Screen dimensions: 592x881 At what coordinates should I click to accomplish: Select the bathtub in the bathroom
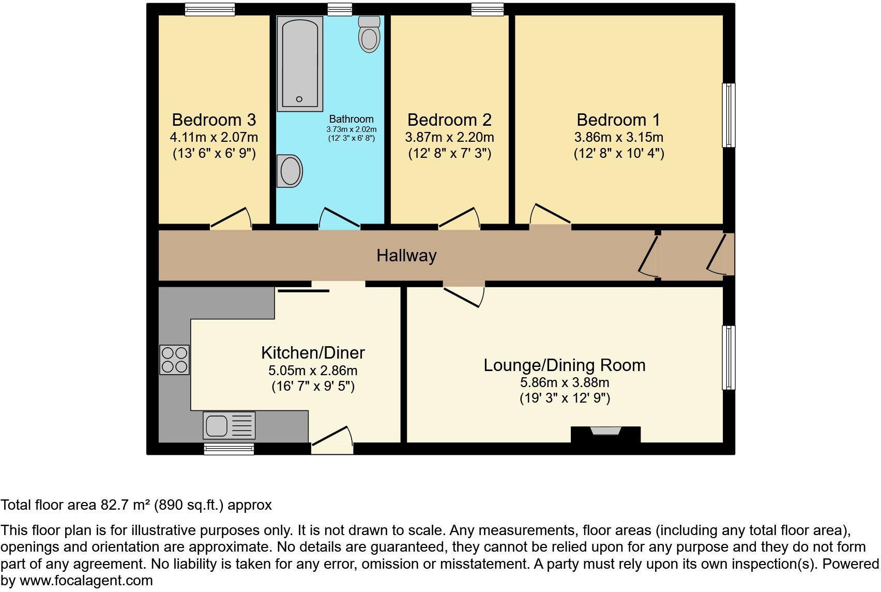[299, 63]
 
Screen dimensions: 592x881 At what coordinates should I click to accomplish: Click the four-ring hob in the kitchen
[174, 360]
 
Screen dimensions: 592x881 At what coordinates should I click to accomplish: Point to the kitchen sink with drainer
[229, 425]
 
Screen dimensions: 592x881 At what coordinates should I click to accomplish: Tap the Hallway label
[406, 256]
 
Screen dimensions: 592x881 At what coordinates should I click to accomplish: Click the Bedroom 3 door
[231, 219]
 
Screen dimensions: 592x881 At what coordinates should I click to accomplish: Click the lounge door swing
[464, 296]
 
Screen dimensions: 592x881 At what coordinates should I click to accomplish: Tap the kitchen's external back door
[332, 440]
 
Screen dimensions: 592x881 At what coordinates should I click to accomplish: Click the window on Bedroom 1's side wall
[728, 115]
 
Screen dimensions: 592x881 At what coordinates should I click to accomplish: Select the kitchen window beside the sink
[229, 449]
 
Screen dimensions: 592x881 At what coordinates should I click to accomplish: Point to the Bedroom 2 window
[487, 9]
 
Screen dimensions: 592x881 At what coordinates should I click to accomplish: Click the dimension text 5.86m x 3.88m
[564, 382]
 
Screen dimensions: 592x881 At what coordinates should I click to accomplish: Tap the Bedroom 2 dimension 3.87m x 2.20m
[449, 137]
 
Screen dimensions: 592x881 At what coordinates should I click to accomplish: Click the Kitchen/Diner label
[313, 352]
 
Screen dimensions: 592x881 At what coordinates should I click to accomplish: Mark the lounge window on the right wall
[728, 357]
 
